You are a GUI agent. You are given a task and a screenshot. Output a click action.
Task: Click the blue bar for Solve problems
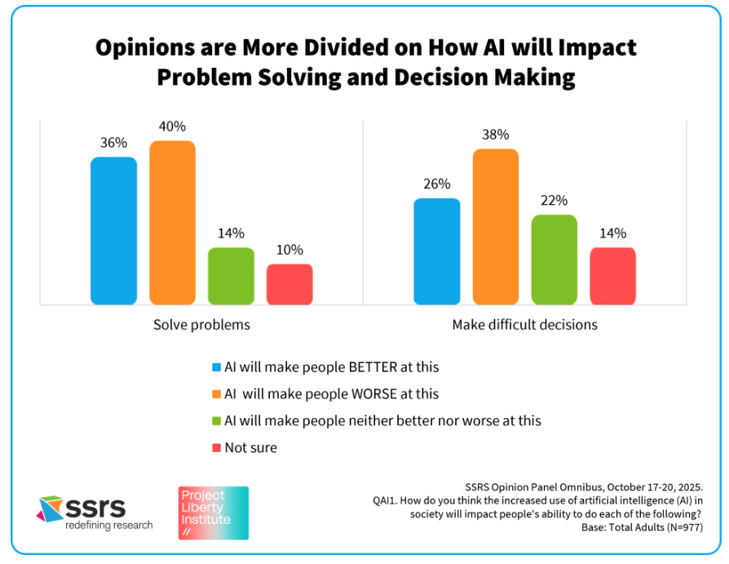click(113, 231)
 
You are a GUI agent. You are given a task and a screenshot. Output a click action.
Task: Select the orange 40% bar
click(172, 223)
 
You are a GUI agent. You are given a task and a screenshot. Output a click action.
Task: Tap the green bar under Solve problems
click(231, 276)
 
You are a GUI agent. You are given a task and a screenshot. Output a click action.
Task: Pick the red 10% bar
click(289, 284)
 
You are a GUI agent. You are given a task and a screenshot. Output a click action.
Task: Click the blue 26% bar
click(437, 251)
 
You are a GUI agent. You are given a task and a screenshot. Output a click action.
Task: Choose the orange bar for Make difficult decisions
click(496, 227)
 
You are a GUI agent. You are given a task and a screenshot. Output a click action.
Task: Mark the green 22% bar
click(554, 260)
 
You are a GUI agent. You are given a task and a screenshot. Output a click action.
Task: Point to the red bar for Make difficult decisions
click(613, 276)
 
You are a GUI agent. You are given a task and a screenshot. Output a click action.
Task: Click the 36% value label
click(113, 143)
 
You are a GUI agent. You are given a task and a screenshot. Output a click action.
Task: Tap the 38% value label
click(496, 135)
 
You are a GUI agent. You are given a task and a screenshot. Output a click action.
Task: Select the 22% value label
click(554, 201)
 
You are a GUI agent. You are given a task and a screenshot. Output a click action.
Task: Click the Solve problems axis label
click(201, 325)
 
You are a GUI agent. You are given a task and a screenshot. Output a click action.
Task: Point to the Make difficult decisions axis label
click(525, 325)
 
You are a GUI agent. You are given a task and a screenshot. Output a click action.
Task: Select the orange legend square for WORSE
click(216, 394)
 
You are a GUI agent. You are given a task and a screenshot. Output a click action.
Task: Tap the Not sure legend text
click(250, 447)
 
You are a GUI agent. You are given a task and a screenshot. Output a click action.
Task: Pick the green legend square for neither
click(216, 421)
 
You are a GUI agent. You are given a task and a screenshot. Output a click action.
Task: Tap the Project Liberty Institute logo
click(214, 513)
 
